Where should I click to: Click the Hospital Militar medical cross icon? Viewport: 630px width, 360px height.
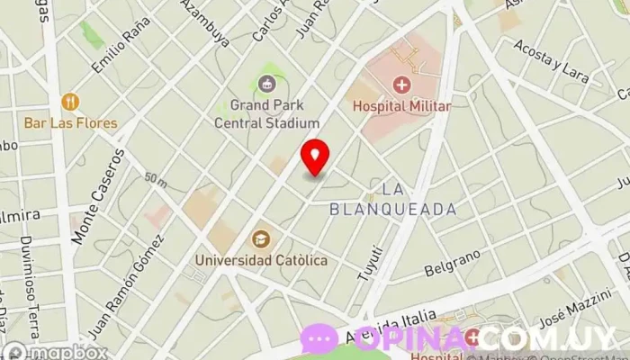[401, 85]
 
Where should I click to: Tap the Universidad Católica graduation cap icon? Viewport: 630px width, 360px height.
[260, 239]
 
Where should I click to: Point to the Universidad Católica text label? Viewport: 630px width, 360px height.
[261, 260]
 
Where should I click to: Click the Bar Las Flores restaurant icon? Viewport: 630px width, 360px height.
[70, 102]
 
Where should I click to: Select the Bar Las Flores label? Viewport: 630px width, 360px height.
[70, 122]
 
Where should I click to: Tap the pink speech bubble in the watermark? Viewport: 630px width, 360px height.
[319, 338]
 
